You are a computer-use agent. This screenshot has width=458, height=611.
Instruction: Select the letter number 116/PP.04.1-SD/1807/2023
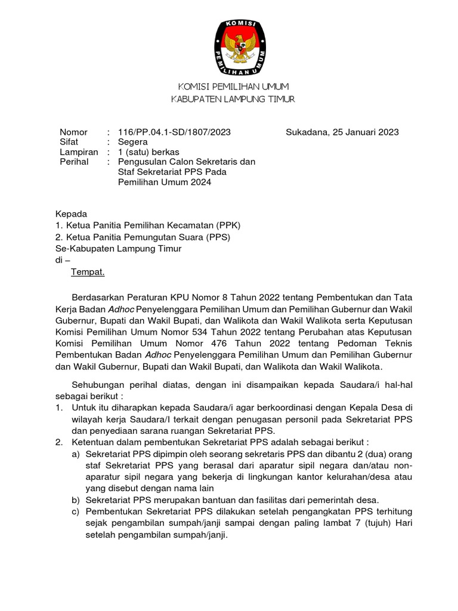coord(174,132)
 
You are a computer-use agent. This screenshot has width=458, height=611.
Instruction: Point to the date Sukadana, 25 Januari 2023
coord(342,132)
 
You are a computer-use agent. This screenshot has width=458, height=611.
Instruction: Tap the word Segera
coord(132,142)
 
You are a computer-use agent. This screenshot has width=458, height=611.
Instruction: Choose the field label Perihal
coord(74,162)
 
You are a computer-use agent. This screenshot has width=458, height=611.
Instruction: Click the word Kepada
coord(71,214)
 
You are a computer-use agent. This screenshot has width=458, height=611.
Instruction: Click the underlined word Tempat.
coord(88,272)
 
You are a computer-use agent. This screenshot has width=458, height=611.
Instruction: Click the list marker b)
coord(76,500)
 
